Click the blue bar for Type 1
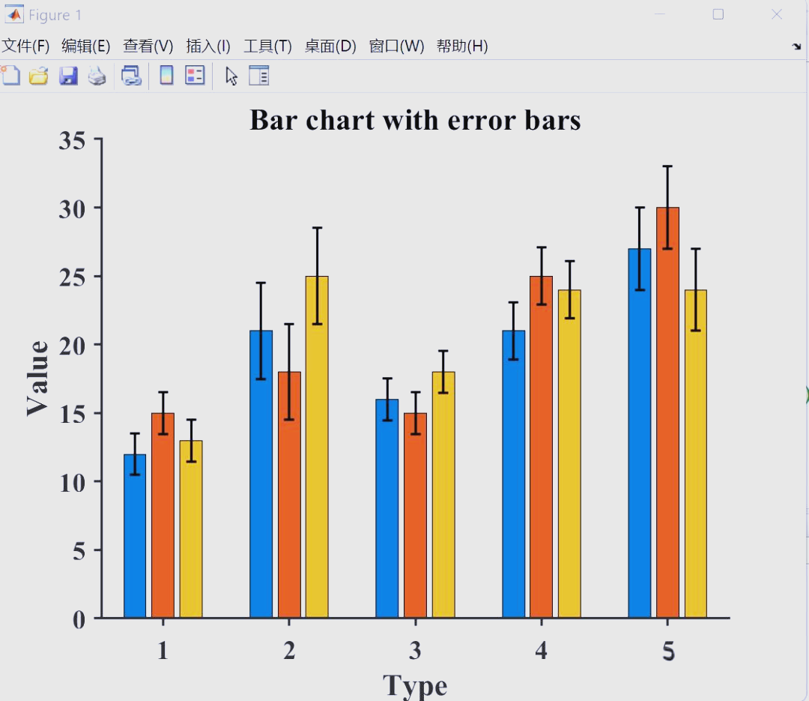click(135, 536)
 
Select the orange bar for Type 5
click(667, 412)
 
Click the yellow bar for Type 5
click(695, 454)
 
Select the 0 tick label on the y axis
click(79, 619)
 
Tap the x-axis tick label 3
click(415, 651)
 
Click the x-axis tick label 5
click(668, 651)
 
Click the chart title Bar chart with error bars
click(415, 120)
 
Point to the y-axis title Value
click(37, 378)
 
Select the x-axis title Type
click(415, 685)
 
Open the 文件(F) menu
click(25, 46)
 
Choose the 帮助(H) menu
click(462, 46)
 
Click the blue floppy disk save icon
click(69, 76)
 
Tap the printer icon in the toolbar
click(97, 76)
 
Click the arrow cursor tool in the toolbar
click(231, 76)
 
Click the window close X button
click(777, 14)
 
